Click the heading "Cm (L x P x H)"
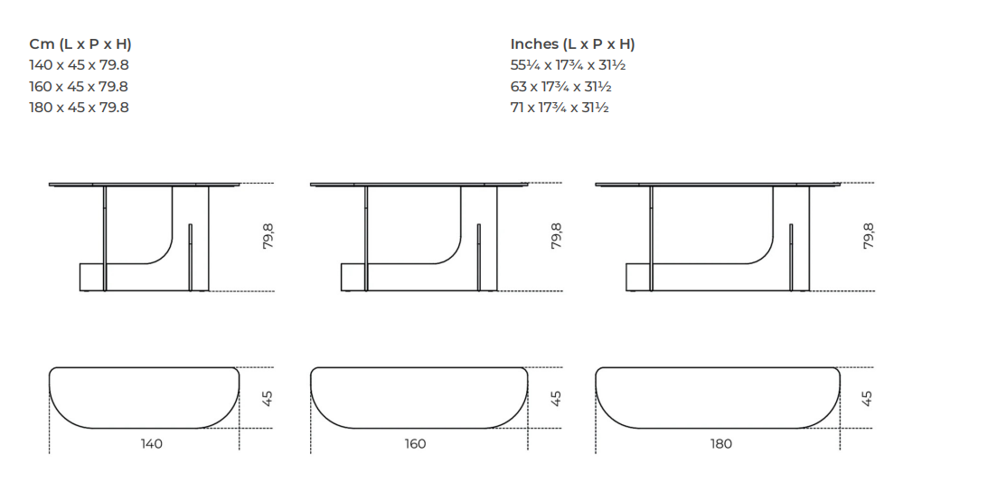[x=80, y=44]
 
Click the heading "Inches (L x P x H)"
[x=572, y=44]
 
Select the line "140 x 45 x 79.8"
[x=79, y=65]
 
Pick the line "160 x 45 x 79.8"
[x=79, y=87]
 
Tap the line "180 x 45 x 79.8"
[x=79, y=108]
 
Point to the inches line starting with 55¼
[x=568, y=65]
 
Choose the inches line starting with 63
[x=560, y=87]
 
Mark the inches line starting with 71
[x=560, y=108]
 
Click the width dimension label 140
[x=151, y=444]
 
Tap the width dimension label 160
[x=415, y=444]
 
